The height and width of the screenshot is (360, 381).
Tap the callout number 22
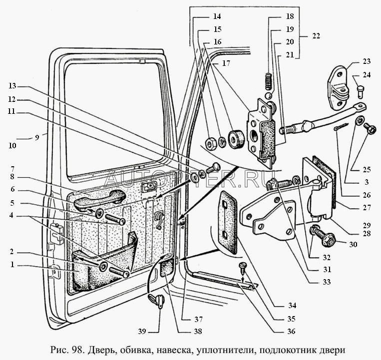[316, 36]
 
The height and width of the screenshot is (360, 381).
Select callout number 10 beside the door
[12, 146]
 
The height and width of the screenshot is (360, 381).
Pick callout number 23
[368, 62]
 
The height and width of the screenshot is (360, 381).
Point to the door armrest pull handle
[99, 198]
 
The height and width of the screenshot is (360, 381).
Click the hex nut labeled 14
[211, 143]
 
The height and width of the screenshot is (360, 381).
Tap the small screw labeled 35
[243, 266]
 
